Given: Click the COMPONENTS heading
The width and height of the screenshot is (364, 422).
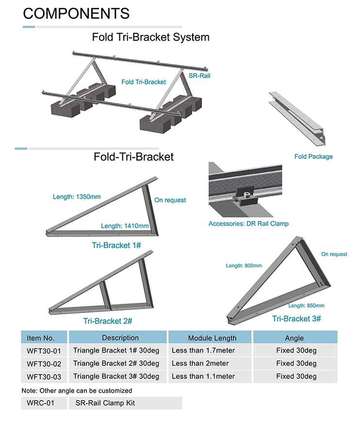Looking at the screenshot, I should [x=76, y=13].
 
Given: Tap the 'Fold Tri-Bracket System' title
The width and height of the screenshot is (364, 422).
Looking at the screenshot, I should [x=150, y=37].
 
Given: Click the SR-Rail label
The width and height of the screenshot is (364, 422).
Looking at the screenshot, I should [x=199, y=76].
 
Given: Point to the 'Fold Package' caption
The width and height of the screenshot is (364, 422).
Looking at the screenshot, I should [x=314, y=156].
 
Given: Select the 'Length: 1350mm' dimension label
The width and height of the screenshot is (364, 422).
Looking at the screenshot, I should [x=77, y=197].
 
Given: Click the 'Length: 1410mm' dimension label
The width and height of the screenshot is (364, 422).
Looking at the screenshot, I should [x=125, y=226].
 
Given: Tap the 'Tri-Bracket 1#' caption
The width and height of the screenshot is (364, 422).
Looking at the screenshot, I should [x=116, y=245].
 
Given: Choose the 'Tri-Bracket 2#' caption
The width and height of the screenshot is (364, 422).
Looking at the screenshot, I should [x=108, y=321].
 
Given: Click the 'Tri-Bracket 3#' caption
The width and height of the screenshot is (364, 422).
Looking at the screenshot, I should [x=297, y=318].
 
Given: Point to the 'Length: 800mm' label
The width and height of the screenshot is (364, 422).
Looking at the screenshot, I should [x=244, y=266].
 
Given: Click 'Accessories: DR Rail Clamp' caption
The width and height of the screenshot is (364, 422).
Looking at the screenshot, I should [x=248, y=224].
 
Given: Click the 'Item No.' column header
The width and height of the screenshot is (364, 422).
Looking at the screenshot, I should [x=41, y=338].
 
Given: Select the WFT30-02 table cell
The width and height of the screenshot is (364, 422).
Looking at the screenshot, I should [x=44, y=363].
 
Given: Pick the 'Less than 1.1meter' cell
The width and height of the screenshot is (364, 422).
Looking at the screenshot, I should [x=203, y=376].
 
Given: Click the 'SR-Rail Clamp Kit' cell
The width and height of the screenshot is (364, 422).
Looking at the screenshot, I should [x=105, y=403].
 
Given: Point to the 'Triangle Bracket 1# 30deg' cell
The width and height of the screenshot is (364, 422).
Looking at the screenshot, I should [x=116, y=350].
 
